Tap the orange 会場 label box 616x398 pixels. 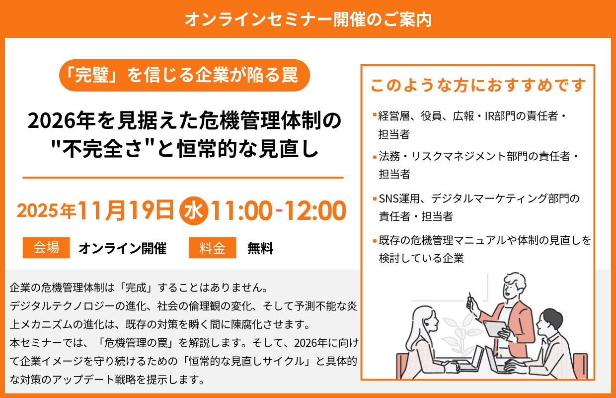coord(46,248)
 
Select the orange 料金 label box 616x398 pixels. coord(212,248)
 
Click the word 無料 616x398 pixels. coord(260,248)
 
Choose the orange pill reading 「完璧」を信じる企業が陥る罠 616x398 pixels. coord(184,75)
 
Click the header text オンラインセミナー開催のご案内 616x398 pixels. coord(308,19)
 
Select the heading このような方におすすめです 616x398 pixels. coord(478,85)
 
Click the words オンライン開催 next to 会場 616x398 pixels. coord(122,248)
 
